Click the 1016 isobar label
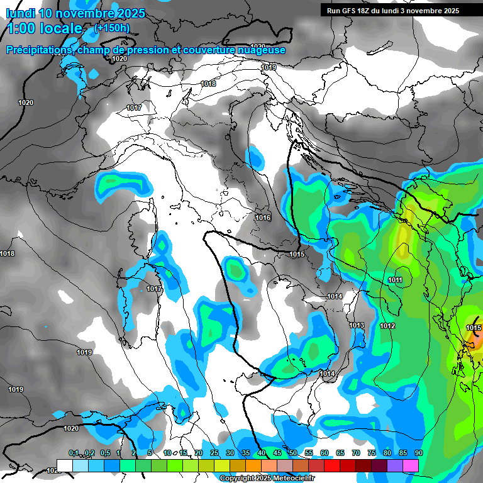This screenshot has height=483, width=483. click(x=263, y=218)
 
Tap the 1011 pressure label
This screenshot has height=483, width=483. click(x=395, y=280)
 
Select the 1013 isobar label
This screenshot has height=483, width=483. click(x=357, y=325)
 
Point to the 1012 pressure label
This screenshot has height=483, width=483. click(x=387, y=326)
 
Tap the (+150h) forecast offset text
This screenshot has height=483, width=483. click(x=112, y=28)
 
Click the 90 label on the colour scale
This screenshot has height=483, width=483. click(x=418, y=453)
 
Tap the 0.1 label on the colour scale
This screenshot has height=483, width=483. click(x=74, y=453)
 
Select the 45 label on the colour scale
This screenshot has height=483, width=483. click(x=277, y=453)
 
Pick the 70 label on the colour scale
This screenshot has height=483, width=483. click(x=356, y=453)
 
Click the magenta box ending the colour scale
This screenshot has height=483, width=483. click(x=411, y=465)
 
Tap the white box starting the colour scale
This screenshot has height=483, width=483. click(x=64, y=465)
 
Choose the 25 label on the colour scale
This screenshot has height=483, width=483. click(x=214, y=453)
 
